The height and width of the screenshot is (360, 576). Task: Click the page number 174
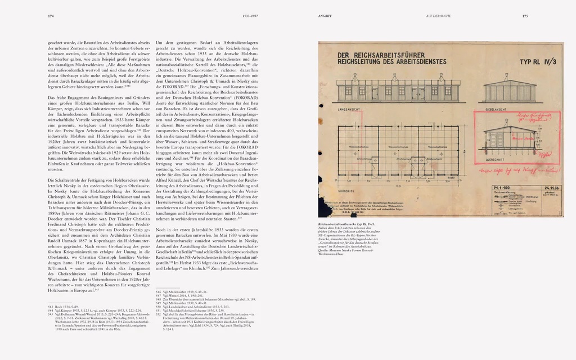(x=50, y=16)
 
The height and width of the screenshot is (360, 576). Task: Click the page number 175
(x=524, y=16)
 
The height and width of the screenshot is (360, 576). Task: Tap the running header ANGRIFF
(x=326, y=16)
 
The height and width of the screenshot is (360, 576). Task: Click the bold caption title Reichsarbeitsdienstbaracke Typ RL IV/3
(x=354, y=224)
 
